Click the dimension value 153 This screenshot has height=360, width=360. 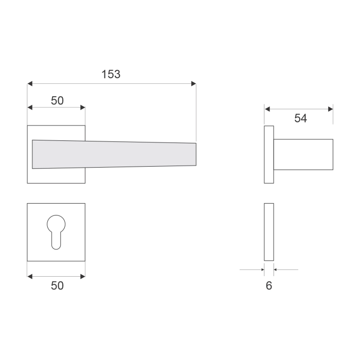point(111,74)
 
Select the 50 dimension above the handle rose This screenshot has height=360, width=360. point(57,101)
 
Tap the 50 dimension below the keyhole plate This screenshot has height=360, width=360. point(57,286)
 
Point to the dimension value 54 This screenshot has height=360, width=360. point(300,118)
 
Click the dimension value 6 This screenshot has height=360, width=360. point(268,285)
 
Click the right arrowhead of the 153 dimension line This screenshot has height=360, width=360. point(193,83)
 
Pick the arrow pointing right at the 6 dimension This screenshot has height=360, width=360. point(261,269)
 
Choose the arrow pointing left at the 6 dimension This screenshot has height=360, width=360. point(277,269)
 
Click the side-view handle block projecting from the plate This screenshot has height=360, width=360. point(303,155)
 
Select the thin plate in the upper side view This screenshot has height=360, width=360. point(268,155)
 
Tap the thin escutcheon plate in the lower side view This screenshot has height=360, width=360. point(268,232)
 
